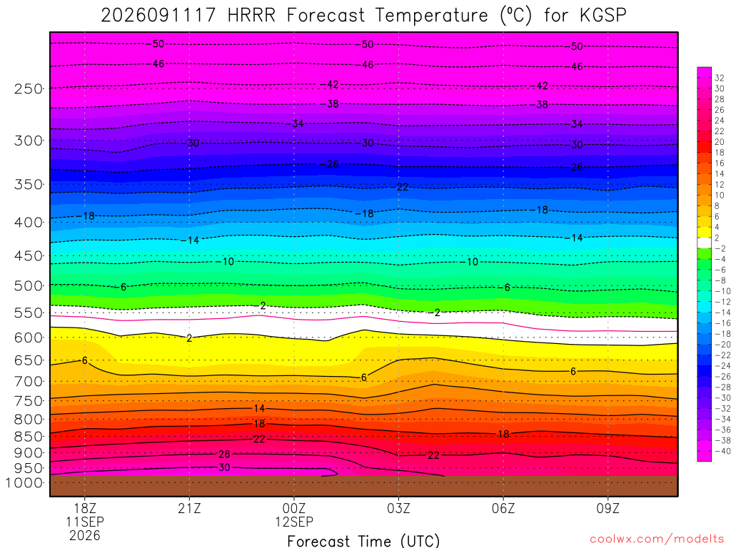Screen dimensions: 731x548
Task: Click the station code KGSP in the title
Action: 603,15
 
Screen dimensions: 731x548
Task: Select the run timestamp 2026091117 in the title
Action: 158,15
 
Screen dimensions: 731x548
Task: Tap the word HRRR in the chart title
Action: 251,15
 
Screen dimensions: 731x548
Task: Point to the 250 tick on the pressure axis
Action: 28,88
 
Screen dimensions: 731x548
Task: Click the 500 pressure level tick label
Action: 28,285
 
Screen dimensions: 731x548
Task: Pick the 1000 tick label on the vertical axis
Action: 24,482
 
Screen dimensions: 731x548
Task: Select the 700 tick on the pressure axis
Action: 28,381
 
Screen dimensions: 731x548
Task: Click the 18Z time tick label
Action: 84,508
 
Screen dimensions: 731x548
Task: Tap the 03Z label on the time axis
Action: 398,508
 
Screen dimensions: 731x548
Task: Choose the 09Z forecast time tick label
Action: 608,508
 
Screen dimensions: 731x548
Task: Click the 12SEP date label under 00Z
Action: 293,522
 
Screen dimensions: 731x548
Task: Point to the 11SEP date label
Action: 84,522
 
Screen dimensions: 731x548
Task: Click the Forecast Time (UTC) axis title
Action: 363,541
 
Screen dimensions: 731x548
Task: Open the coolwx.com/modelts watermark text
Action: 657,539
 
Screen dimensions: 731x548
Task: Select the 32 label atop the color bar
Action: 720,78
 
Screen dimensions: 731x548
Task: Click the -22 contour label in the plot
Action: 403,188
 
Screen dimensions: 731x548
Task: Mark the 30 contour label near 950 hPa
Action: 224,467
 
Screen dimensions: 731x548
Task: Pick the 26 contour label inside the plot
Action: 224,455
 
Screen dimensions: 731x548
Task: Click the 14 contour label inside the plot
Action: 259,409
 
